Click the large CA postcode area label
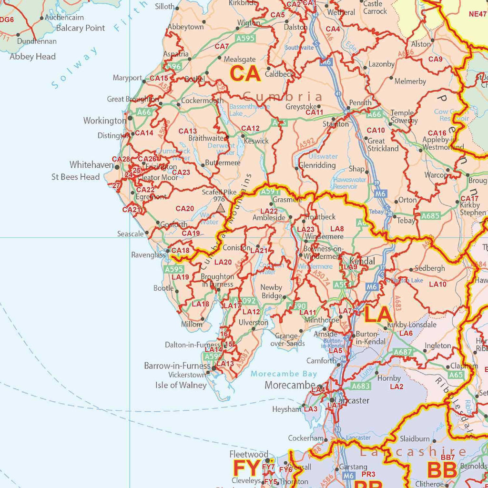pyautogui.click(x=245, y=74)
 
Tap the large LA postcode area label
pyautogui.click(x=378, y=315)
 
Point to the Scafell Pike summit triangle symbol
pyautogui.click(x=220, y=208)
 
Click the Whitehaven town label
pyautogui.click(x=91, y=165)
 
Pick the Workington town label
pyautogui.click(x=105, y=121)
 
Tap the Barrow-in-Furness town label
pyautogui.click(x=177, y=366)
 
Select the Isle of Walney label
pyautogui.click(x=181, y=385)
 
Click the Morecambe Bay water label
pyautogui.click(x=284, y=374)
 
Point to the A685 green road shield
pyautogui.click(x=430, y=216)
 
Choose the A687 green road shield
pyautogui.click(x=403, y=352)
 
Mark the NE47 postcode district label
pyautogui.click(x=478, y=14)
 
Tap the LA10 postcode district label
pyautogui.click(x=437, y=285)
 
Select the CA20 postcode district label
pyautogui.click(x=185, y=208)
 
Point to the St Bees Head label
pyautogui.click(x=76, y=177)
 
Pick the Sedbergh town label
pyautogui.click(x=430, y=268)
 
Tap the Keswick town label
pyautogui.click(x=256, y=141)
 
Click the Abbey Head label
pyautogui.click(x=33, y=56)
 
